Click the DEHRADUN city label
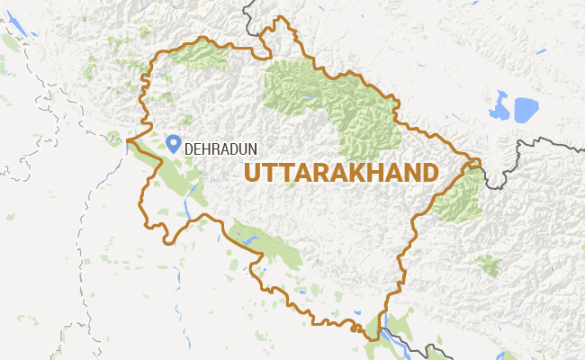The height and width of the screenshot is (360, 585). pos(217,150)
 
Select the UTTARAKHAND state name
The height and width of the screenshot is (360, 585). pos(341,172)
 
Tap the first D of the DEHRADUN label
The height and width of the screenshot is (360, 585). pos(188,150)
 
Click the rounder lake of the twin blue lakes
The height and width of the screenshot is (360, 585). pos(525,109)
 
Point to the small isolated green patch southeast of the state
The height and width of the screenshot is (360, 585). pos(489,265)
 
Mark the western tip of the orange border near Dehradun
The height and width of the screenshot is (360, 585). pos(128,140)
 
